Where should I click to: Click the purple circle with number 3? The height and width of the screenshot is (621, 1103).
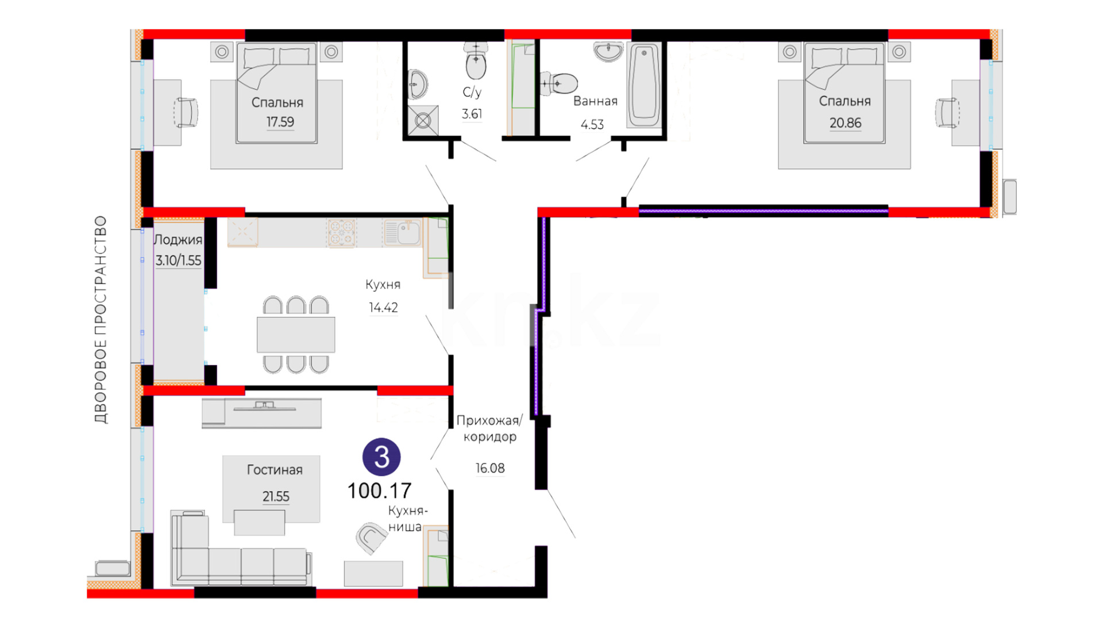coord(381,457)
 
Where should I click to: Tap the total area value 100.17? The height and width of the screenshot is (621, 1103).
coord(379,491)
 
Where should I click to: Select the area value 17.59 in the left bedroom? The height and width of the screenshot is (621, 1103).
coord(280,122)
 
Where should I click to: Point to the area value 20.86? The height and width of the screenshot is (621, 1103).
coord(845,123)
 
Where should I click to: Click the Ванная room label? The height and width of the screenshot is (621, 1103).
coord(595,101)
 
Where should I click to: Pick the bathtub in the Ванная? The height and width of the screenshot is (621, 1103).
coord(643,85)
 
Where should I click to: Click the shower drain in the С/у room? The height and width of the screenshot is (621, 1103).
coord(423,121)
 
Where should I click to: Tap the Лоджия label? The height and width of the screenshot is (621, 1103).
coord(178,240)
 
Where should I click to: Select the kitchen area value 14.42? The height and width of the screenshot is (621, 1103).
coord(383,308)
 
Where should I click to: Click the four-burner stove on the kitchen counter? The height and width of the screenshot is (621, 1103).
coord(342,233)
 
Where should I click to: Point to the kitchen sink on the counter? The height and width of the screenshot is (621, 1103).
coord(402,233)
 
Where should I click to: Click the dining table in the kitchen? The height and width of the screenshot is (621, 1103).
coord(296,334)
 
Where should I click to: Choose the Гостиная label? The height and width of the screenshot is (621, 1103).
coord(275,470)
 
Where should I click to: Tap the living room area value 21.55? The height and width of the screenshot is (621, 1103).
coord(276,496)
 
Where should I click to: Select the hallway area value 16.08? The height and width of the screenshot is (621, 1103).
coord(490,469)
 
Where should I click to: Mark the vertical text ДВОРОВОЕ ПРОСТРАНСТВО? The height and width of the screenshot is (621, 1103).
coord(101,320)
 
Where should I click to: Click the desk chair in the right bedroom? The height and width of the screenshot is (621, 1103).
coord(947,113)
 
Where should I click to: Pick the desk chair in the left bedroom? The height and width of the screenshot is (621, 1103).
coord(186,113)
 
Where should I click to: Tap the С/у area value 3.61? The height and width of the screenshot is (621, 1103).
coord(472,114)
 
